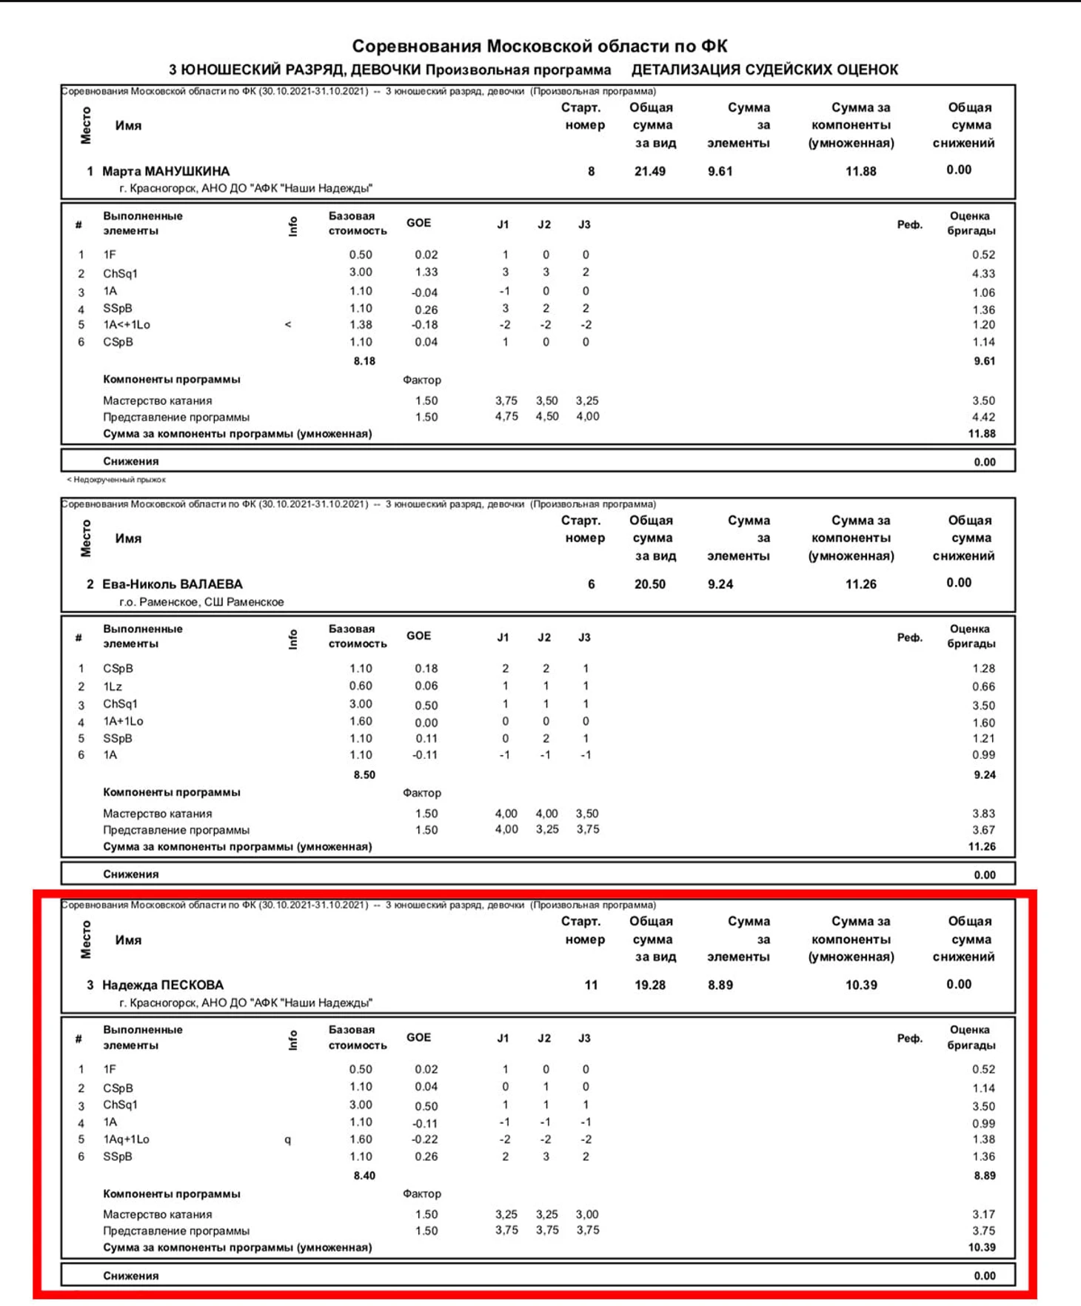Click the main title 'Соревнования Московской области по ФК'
pyautogui.click(x=539, y=46)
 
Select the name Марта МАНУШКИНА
pyautogui.click(x=166, y=171)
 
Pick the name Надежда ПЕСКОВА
pyautogui.click(x=163, y=985)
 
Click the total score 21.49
pyautogui.click(x=650, y=171)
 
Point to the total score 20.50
pyautogui.click(x=650, y=584)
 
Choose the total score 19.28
pyautogui.click(x=650, y=985)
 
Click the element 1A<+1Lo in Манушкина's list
pyautogui.click(x=127, y=324)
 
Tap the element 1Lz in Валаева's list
pyautogui.click(x=113, y=686)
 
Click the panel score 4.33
pyautogui.click(x=983, y=273)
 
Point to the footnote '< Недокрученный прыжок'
pyautogui.click(x=116, y=480)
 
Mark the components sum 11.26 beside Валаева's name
pyautogui.click(x=860, y=584)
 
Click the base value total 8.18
pyautogui.click(x=364, y=361)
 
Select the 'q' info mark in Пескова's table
pyautogui.click(x=288, y=1140)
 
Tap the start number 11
pyautogui.click(x=591, y=985)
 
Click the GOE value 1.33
pyautogui.click(x=426, y=272)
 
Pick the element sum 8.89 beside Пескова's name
pyautogui.click(x=720, y=985)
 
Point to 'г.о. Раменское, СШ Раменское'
pyautogui.click(x=201, y=602)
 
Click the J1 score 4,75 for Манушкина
pyautogui.click(x=506, y=416)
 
